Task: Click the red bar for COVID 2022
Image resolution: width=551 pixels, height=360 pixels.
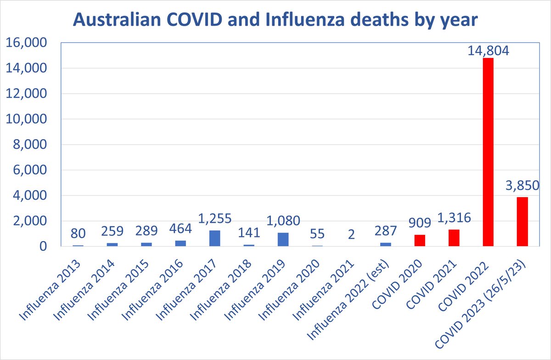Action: pyautogui.click(x=488, y=152)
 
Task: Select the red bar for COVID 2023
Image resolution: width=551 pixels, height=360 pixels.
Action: pyautogui.click(x=522, y=222)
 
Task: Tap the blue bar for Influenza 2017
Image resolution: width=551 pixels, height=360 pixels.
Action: pyautogui.click(x=214, y=238)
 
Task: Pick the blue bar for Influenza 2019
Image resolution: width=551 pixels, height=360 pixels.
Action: pyautogui.click(x=283, y=240)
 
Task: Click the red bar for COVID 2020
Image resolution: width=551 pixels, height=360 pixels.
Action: pyautogui.click(x=420, y=241)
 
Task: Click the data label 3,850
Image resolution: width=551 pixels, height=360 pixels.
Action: pyautogui.click(x=522, y=187)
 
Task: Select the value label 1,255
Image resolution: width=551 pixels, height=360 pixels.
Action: pyautogui.click(x=214, y=218)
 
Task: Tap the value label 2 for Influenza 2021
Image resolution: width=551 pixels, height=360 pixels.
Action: pyautogui.click(x=351, y=234)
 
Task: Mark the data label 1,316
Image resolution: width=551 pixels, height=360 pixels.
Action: pyautogui.click(x=454, y=218)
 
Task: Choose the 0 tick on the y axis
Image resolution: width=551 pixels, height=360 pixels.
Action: pyautogui.click(x=43, y=247)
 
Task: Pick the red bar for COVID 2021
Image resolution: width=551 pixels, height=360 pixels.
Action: pyautogui.click(x=454, y=238)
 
